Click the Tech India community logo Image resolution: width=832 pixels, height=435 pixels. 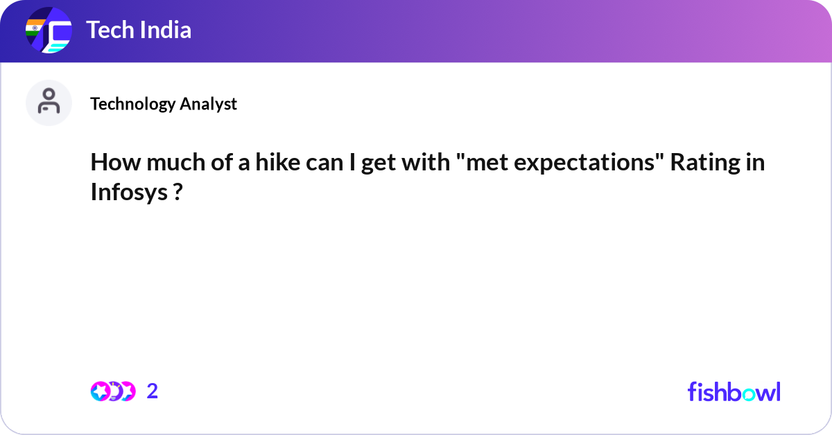(x=49, y=31)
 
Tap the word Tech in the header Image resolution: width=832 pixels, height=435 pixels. (x=107, y=30)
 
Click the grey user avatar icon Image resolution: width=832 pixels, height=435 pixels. (x=49, y=103)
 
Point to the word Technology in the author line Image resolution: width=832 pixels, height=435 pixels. (x=132, y=104)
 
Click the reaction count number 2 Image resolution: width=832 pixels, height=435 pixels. (x=153, y=391)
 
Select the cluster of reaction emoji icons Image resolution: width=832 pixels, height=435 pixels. (x=112, y=391)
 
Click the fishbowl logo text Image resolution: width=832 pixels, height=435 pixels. (x=734, y=391)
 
